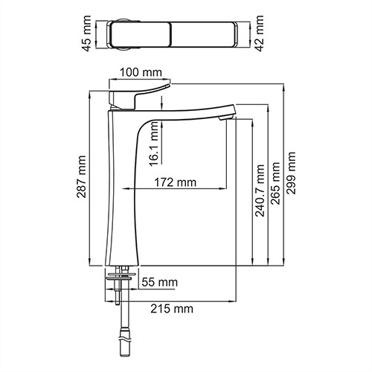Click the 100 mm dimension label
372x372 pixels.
tap(141, 72)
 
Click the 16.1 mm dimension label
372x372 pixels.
tap(154, 145)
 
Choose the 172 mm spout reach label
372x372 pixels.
tap(176, 182)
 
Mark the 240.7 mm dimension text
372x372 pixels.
tap(260, 192)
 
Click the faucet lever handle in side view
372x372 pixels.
tap(138, 95)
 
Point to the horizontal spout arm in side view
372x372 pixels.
tap(186, 112)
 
